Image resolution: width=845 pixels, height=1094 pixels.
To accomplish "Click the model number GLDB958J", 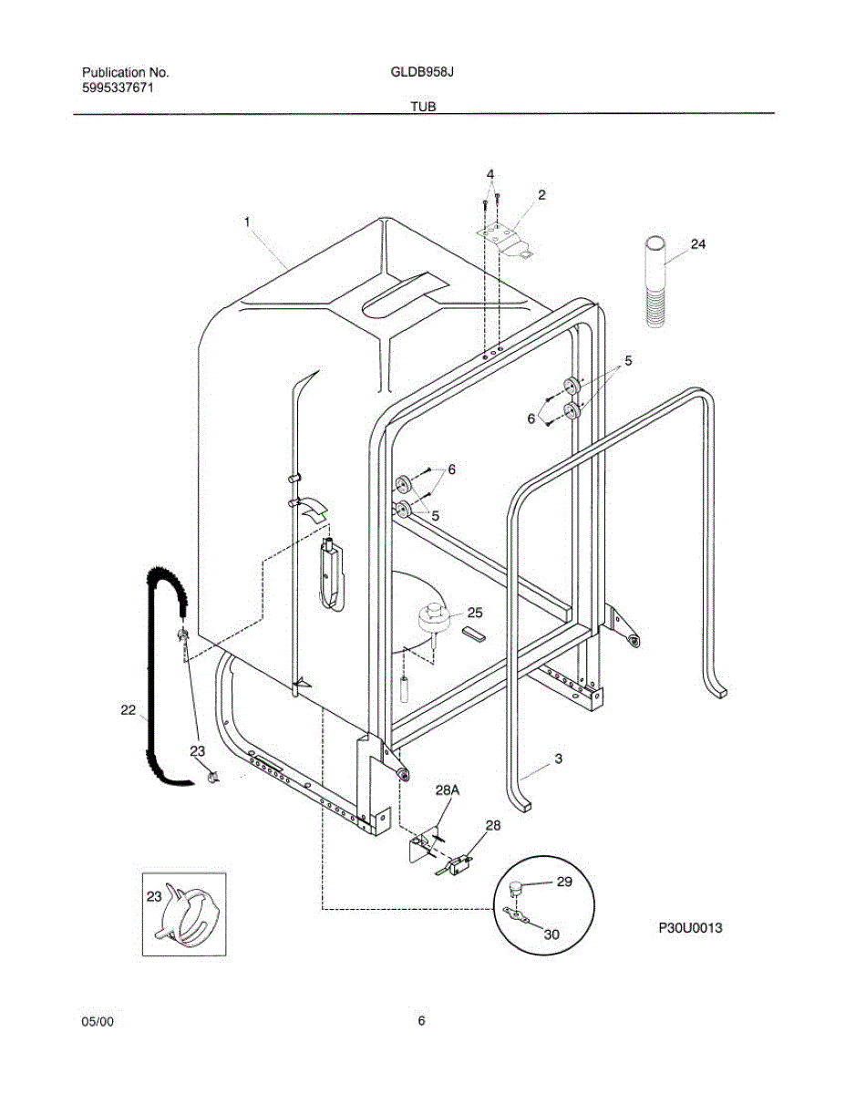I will (x=423, y=71).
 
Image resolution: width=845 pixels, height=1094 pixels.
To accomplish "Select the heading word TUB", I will (x=422, y=107).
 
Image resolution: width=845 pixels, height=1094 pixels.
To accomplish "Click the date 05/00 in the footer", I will (x=98, y=1021).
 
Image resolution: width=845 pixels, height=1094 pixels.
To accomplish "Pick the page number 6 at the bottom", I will (x=421, y=1021).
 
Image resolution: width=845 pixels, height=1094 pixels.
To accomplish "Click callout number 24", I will (x=697, y=244).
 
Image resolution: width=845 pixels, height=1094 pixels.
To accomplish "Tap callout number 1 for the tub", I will (x=246, y=220).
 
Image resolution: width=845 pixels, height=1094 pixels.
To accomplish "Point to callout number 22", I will (x=128, y=710).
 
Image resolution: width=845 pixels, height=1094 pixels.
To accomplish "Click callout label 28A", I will (x=448, y=791).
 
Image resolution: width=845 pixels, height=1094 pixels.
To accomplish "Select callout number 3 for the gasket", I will (x=558, y=758).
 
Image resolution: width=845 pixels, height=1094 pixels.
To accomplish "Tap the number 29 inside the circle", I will (x=563, y=882).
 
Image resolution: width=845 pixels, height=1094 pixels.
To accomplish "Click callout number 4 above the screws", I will (x=489, y=173).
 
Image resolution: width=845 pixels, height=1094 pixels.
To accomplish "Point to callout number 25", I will (x=475, y=613).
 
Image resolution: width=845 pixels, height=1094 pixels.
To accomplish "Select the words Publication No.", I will (x=125, y=71).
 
